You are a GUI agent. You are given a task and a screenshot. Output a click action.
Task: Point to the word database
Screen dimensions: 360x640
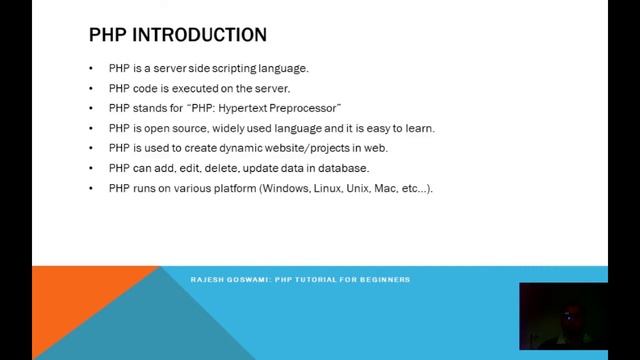pos(345,168)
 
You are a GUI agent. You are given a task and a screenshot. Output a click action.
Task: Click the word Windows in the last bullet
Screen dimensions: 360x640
pos(283,189)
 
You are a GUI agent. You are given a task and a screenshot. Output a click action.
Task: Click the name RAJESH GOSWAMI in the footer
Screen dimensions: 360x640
pos(228,279)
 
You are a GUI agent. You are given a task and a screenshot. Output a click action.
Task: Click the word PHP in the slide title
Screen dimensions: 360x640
pos(107,36)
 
